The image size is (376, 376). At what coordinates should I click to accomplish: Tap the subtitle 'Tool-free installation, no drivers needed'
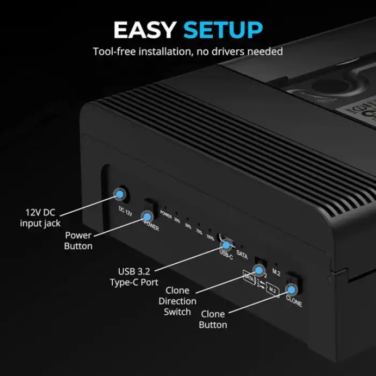(187, 52)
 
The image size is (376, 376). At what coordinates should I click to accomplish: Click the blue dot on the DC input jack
(119, 194)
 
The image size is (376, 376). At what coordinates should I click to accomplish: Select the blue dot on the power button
(146, 216)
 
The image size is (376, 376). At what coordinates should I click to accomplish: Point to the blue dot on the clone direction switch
(259, 269)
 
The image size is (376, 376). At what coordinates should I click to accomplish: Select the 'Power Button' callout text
(78, 241)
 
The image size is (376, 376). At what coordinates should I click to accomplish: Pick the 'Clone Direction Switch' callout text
(177, 301)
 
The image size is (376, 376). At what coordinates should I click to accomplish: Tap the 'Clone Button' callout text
(213, 319)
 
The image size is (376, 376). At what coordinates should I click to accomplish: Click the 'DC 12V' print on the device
(125, 210)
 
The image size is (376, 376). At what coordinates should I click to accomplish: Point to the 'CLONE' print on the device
(294, 302)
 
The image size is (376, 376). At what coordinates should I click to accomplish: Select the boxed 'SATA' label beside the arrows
(249, 276)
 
